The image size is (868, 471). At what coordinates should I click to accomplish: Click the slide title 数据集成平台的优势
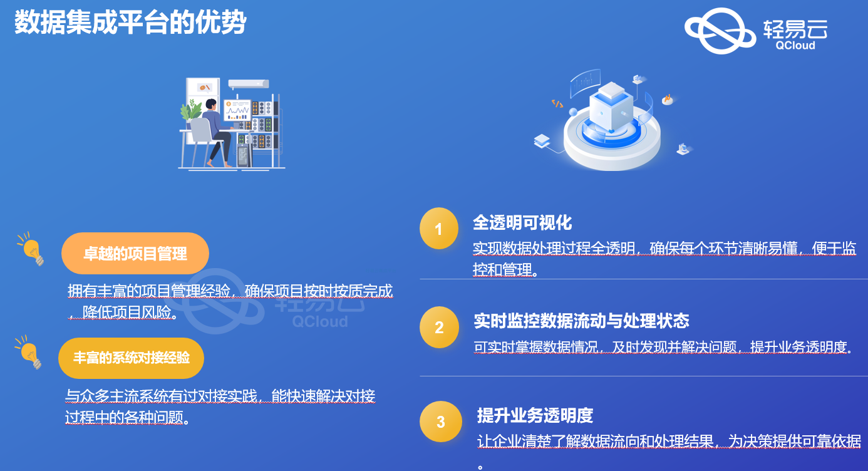[130, 23]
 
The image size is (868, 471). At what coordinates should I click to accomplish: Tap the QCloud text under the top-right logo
[795, 45]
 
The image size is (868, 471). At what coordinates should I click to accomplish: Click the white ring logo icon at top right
[720, 31]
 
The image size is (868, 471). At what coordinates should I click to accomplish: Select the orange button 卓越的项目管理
[135, 254]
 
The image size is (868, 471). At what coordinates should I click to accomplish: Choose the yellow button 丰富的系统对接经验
[131, 358]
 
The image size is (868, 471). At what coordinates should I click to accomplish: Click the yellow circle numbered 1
[438, 229]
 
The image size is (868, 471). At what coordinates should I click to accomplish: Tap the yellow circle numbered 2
[439, 327]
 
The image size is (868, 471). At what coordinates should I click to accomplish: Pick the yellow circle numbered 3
[441, 422]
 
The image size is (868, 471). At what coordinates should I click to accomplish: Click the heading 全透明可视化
[522, 223]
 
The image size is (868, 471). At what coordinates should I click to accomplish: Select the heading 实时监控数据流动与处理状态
[581, 321]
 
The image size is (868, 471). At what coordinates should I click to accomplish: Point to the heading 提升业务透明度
[535, 415]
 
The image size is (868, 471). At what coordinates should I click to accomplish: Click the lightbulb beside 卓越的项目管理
[31, 249]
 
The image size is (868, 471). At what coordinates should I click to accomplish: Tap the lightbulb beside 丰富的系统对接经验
[29, 352]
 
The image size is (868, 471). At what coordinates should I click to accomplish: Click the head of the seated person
[211, 104]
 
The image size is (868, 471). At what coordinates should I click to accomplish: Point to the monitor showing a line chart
[237, 110]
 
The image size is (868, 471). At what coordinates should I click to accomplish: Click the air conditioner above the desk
[249, 84]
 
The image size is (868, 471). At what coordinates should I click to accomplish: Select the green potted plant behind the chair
[190, 110]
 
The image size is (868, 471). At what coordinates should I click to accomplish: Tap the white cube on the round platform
[611, 105]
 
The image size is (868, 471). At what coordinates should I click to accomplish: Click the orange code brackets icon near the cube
[557, 103]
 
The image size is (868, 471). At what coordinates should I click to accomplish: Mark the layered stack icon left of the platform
[542, 141]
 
